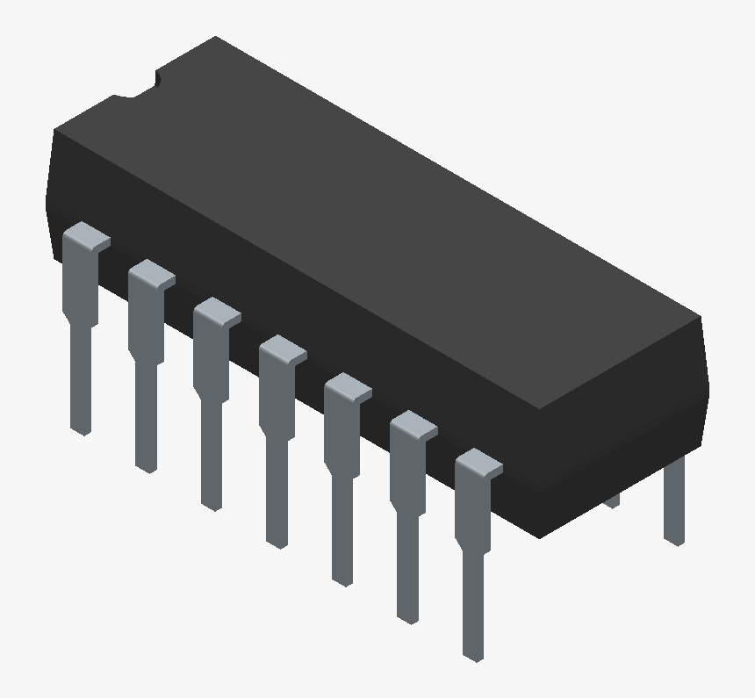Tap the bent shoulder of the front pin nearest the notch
point(88,238)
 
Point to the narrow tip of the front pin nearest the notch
point(81,426)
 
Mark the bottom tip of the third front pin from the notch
point(212,503)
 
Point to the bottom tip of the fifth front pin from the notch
point(342,579)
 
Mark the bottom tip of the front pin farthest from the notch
point(473,654)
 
